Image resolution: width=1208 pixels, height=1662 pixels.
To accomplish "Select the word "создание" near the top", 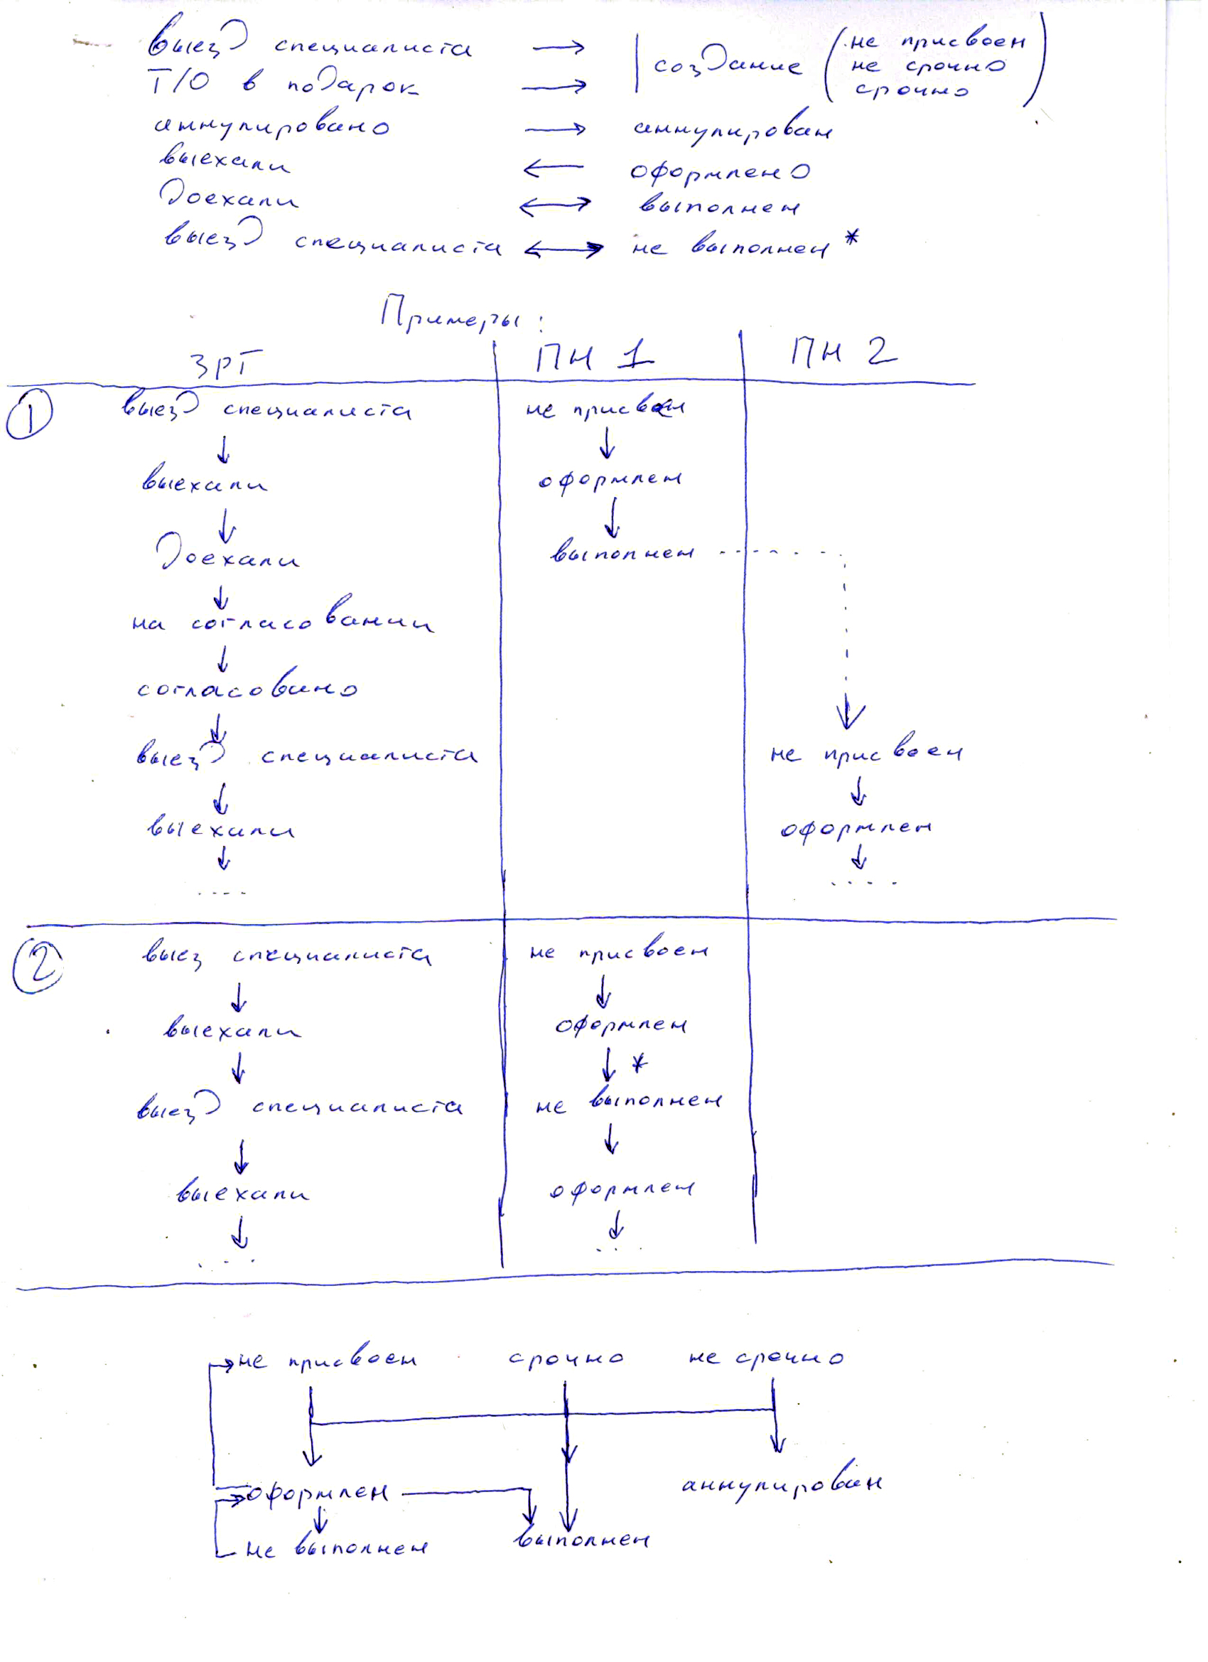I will pyautogui.click(x=726, y=66).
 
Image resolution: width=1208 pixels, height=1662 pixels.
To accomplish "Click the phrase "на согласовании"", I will pyautogui.click(x=282, y=622).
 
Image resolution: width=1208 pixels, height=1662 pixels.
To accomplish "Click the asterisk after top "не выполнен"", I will pyautogui.click(x=849, y=240).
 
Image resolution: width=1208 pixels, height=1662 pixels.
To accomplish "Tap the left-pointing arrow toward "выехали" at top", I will pyautogui.click(x=553, y=169).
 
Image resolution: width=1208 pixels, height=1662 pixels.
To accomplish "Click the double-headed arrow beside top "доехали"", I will pyautogui.click(x=554, y=206).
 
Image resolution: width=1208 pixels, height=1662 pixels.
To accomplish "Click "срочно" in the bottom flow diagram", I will pyautogui.click(x=566, y=1358).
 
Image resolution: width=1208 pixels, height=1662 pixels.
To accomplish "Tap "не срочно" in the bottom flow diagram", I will pyautogui.click(x=766, y=1358).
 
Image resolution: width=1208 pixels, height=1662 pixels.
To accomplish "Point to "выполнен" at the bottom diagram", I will pyautogui.click(x=583, y=1540).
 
